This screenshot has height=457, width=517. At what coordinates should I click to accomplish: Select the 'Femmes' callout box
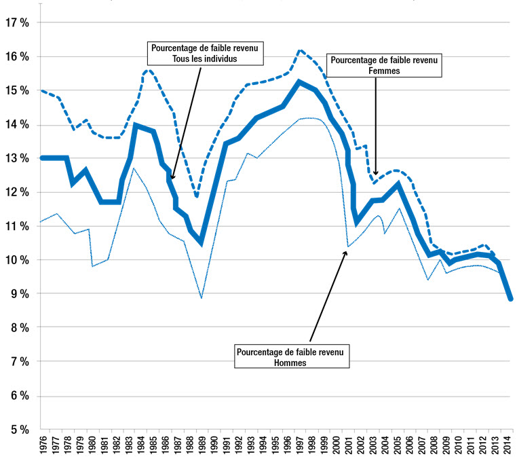pos(385,64)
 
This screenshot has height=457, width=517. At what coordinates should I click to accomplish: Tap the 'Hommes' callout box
pos(292,357)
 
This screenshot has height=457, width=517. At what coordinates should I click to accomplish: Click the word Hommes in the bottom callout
pos(292,363)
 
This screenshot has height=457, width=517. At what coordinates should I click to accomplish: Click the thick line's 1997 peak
pos(299,82)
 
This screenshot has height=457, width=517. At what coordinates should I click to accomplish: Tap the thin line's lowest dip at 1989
pos(202,297)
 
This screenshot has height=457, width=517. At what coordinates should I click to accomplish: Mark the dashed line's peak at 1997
pos(300,50)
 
